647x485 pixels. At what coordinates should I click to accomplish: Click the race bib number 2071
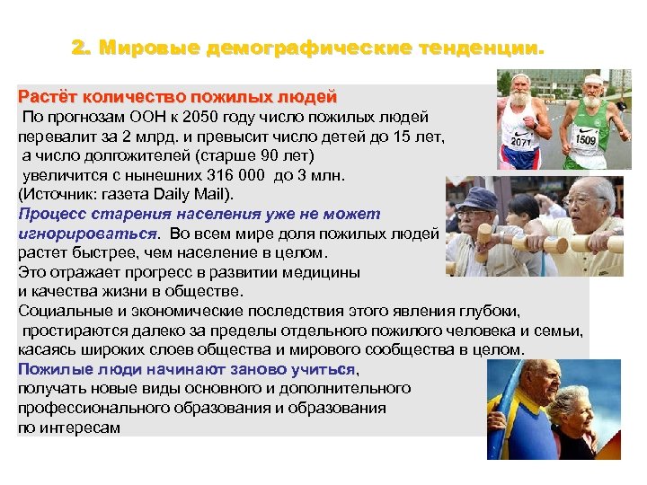[x=522, y=141]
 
